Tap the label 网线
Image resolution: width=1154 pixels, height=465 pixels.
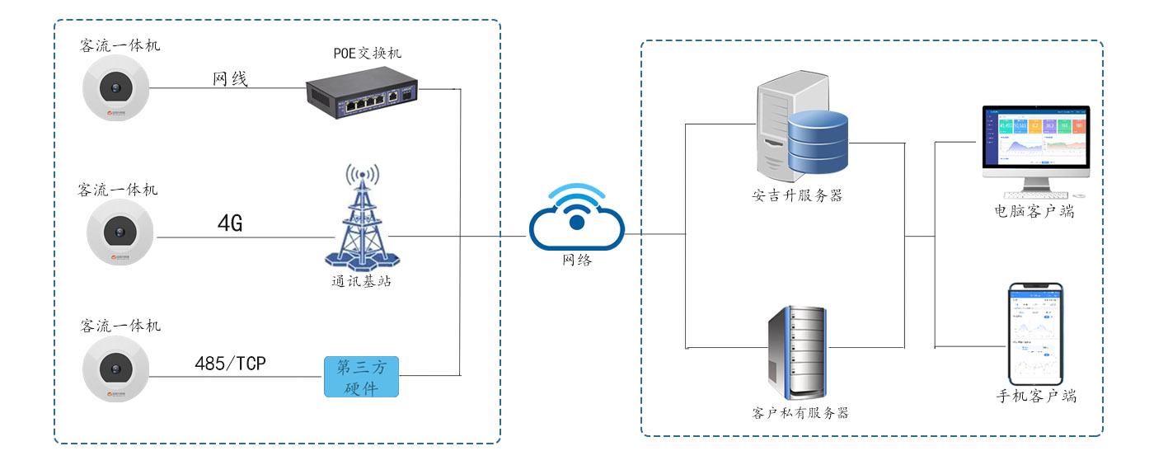click(x=230, y=79)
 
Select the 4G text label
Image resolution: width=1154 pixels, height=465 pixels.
click(x=230, y=223)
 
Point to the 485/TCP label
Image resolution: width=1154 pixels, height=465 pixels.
click(x=230, y=364)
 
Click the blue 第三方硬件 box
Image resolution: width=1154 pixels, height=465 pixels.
click(x=361, y=377)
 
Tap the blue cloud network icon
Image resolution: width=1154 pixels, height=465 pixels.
click(x=577, y=218)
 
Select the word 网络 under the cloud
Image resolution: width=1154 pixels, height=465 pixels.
click(x=577, y=261)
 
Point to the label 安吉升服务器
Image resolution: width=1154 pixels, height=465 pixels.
click(x=796, y=196)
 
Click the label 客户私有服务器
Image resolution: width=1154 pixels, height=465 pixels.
click(x=800, y=412)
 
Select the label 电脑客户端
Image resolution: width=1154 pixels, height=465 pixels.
click(x=1034, y=212)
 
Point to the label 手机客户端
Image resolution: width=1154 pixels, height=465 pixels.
click(x=1036, y=396)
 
